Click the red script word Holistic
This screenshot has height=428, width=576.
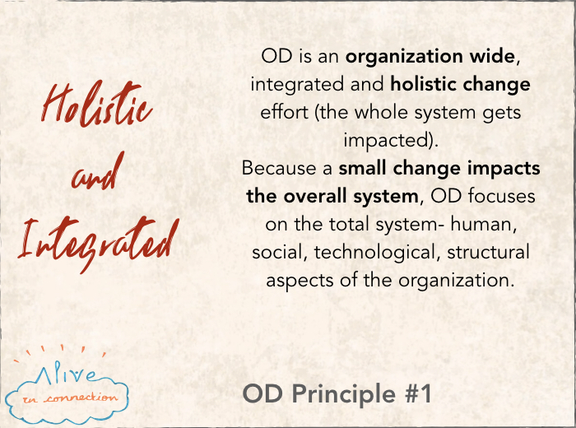point(96,104)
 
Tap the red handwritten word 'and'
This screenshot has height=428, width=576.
point(98,172)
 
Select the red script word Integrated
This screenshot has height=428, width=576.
point(99,244)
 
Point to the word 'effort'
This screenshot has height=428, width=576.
point(284,113)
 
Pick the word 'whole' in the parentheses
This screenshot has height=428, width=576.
point(381,113)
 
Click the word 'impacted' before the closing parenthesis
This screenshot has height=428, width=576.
point(386,141)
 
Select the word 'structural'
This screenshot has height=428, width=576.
point(488,253)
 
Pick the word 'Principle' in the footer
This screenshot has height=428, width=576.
point(343,394)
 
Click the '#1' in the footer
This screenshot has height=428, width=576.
point(418,393)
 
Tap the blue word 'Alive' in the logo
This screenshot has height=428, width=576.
point(66,373)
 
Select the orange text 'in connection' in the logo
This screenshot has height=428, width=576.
point(70,398)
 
